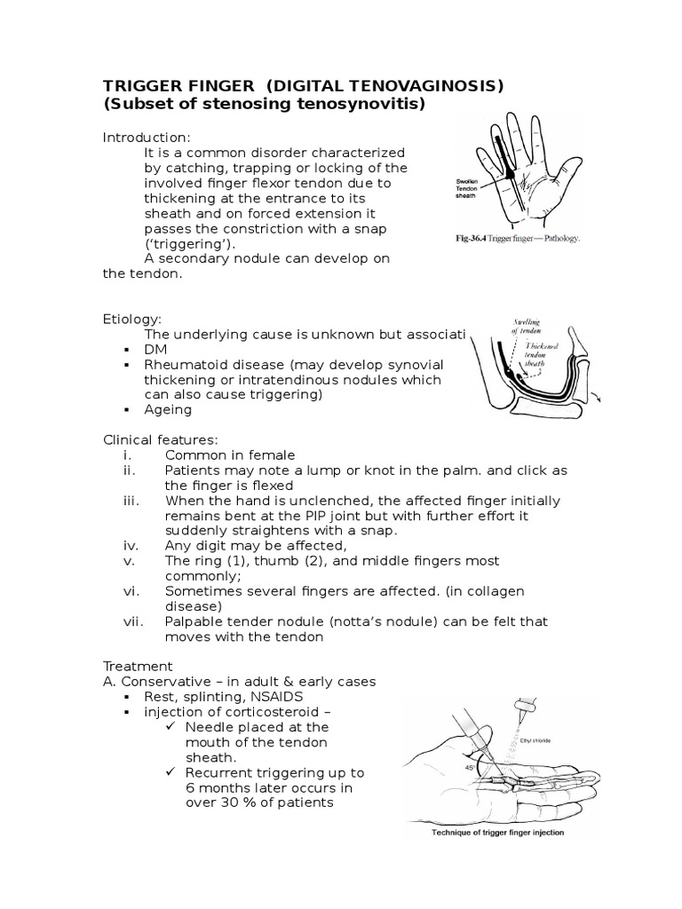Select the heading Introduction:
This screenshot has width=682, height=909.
(147, 137)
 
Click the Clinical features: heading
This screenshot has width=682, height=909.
(161, 439)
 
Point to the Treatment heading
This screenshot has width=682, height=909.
(137, 665)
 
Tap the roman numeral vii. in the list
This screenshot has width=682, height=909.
(133, 621)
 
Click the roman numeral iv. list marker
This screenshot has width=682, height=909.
(131, 544)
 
